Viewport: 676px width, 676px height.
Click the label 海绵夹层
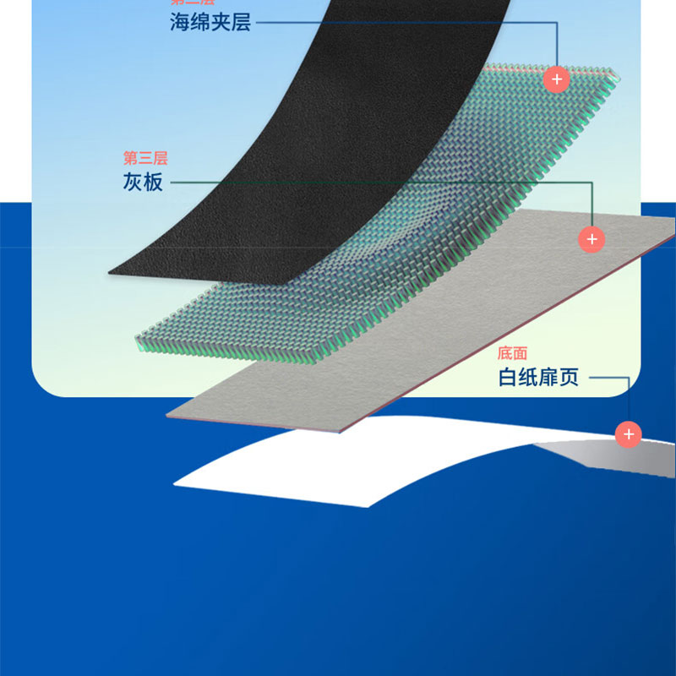coord(210,22)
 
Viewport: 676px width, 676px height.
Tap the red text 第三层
coord(146,158)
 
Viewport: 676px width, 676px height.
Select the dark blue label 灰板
coord(143,181)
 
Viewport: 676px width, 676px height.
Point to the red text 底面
coord(512,353)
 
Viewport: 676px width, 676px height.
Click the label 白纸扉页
coord(538,378)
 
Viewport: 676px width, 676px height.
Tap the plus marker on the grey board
coord(591,239)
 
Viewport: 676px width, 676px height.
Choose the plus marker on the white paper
coord(628,434)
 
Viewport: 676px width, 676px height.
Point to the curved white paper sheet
coord(355,456)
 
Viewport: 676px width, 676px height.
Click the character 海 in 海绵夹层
coord(180,22)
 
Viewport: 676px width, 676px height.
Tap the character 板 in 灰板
coord(154,181)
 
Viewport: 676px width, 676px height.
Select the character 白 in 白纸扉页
coord(508,378)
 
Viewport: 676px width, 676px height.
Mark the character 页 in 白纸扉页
coord(569,378)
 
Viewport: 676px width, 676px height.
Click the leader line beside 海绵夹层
coord(406,22)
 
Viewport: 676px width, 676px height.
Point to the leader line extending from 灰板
coord(380,182)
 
